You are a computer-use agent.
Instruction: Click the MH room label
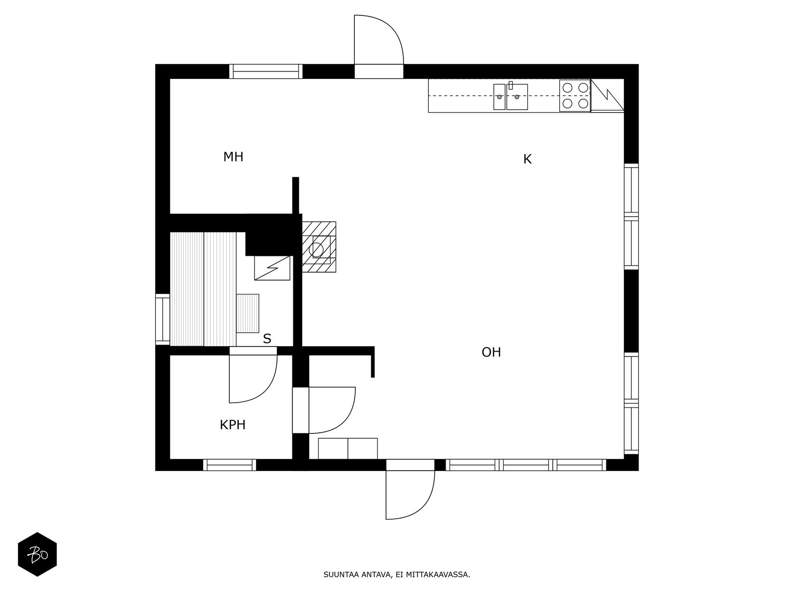(x=233, y=157)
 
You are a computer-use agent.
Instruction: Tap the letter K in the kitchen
(x=527, y=159)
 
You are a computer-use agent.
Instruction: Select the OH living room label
(x=491, y=353)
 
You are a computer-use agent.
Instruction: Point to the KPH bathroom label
(x=232, y=425)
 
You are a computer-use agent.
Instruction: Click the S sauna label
(x=267, y=339)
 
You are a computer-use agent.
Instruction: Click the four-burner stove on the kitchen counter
(x=575, y=95)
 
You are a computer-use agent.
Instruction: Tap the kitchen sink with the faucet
(x=517, y=97)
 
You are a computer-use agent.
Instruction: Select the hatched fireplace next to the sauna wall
(x=319, y=247)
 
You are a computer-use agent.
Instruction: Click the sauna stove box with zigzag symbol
(x=272, y=268)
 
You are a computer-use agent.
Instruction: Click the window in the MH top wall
(x=266, y=71)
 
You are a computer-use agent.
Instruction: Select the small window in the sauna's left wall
(x=162, y=319)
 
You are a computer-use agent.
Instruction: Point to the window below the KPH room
(x=229, y=465)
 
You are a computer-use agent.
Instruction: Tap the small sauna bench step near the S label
(x=248, y=313)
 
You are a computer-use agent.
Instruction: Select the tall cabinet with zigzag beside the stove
(x=607, y=95)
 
